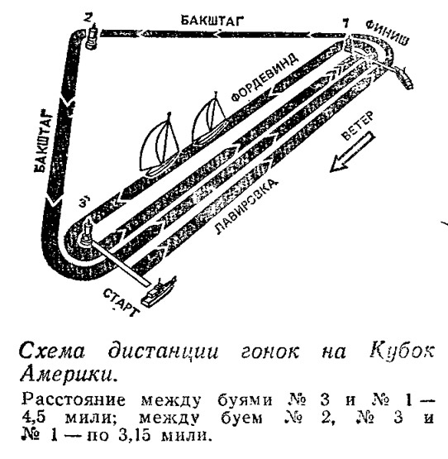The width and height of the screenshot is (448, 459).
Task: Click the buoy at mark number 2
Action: click(93, 37)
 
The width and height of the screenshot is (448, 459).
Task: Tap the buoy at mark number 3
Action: click(86, 235)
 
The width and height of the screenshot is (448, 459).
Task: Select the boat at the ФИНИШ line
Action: click(403, 77)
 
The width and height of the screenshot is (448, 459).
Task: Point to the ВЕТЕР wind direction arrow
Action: click(352, 151)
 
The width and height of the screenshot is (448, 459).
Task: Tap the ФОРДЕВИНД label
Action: click(265, 77)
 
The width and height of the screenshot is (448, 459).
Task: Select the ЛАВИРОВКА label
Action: click(245, 207)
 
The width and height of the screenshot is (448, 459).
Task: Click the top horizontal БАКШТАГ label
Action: click(212, 21)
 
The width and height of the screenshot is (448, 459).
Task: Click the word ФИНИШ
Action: click(387, 33)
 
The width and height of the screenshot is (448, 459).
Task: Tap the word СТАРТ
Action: click(121, 303)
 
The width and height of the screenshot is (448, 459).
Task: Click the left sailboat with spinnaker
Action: click(160, 146)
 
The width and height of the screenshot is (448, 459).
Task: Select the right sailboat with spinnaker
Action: click(209, 117)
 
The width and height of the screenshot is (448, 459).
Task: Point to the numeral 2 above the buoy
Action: click(87, 18)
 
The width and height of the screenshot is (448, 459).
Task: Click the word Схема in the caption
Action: click(52, 351)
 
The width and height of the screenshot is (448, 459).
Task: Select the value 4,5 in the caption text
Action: click(34, 418)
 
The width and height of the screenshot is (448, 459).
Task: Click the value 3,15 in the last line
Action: click(135, 435)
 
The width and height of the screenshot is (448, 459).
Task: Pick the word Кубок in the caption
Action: click(402, 350)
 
